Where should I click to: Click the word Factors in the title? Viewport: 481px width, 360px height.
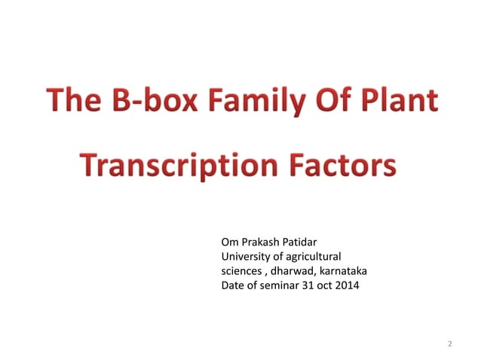click(x=345, y=165)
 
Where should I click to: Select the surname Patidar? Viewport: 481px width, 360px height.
click(x=308, y=243)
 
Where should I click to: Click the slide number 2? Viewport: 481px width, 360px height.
click(x=449, y=344)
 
